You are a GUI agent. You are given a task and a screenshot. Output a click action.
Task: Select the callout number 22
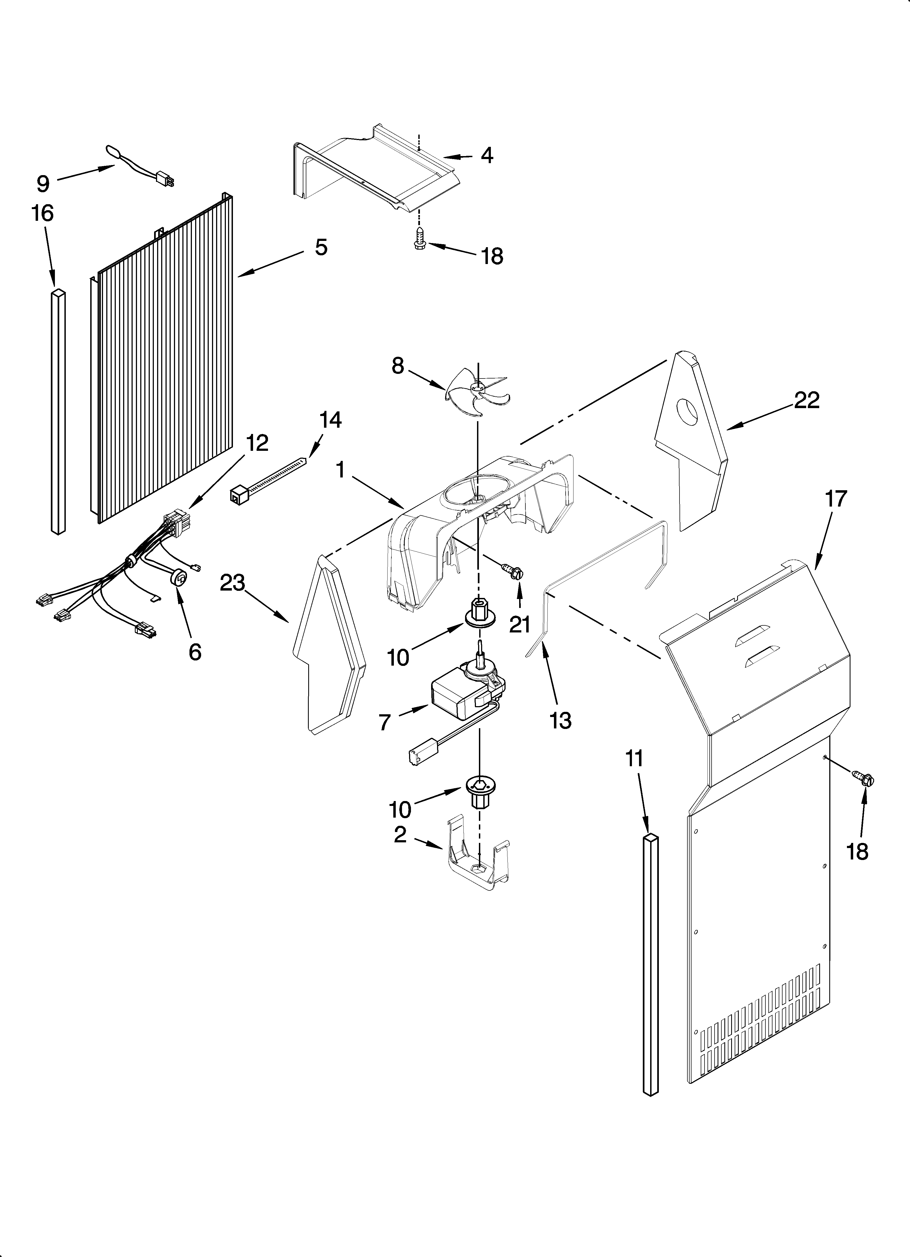pos(806,400)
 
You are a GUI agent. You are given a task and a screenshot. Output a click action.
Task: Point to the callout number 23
pos(232,584)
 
